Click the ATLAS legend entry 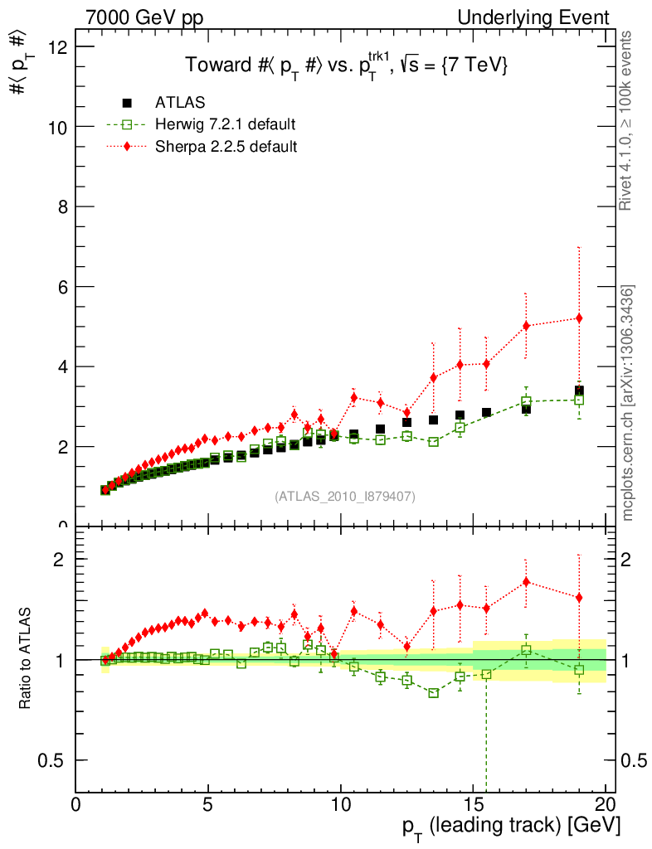point(179,103)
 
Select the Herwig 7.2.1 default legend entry point(225,125)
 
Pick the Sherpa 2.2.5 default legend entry point(226,147)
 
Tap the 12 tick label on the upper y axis point(57,47)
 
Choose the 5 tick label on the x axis point(208,804)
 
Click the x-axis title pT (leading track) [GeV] point(511,826)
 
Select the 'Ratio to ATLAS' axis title point(26,659)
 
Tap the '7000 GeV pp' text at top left point(139,17)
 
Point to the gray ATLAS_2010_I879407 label point(345,496)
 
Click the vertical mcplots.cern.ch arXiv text point(628,403)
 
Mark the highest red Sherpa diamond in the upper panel point(579,318)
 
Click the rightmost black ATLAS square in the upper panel point(579,391)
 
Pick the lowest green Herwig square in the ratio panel point(433,692)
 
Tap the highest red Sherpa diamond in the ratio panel point(526,582)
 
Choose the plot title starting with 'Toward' point(346,65)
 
